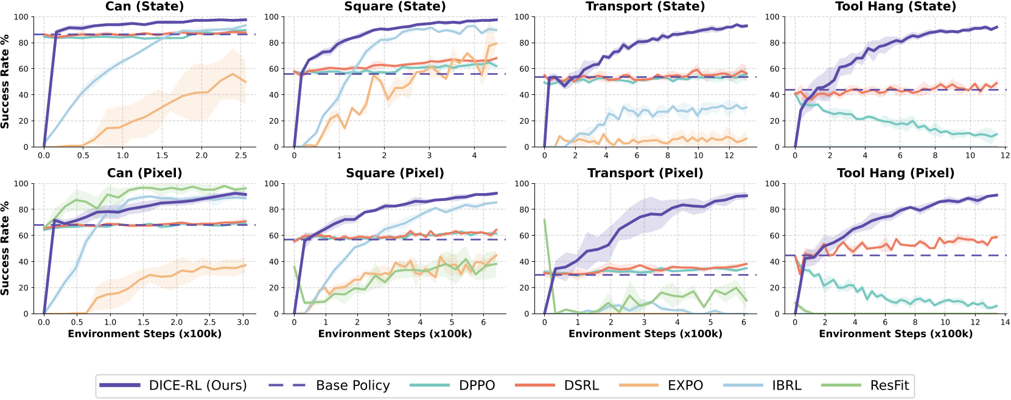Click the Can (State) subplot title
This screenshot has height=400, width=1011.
click(x=144, y=7)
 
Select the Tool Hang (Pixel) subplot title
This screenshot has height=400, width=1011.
click(x=895, y=173)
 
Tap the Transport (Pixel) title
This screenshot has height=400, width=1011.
click(x=645, y=173)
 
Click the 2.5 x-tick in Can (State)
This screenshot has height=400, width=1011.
click(x=241, y=156)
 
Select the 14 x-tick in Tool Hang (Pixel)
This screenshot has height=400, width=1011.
click(x=1005, y=323)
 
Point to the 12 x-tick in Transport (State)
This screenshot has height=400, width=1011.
click(x=729, y=156)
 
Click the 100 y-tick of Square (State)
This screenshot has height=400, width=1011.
click(x=271, y=17)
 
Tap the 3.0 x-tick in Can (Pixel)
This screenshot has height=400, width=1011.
click(x=243, y=323)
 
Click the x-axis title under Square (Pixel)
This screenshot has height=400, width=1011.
click(x=395, y=334)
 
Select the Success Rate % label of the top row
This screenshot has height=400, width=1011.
click(x=5, y=82)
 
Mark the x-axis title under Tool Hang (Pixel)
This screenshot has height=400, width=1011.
click(x=895, y=334)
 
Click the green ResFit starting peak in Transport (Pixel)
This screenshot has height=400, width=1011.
click(x=545, y=220)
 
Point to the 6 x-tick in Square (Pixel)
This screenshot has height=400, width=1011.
click(x=483, y=323)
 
